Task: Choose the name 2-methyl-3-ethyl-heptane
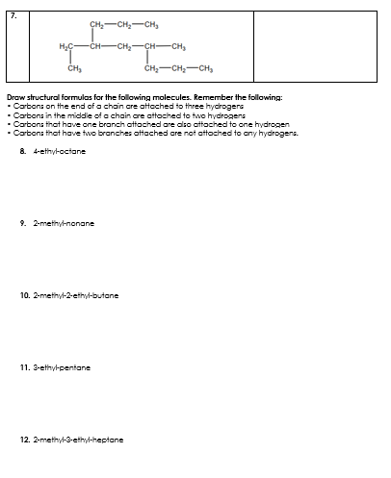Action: (x=75, y=440)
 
